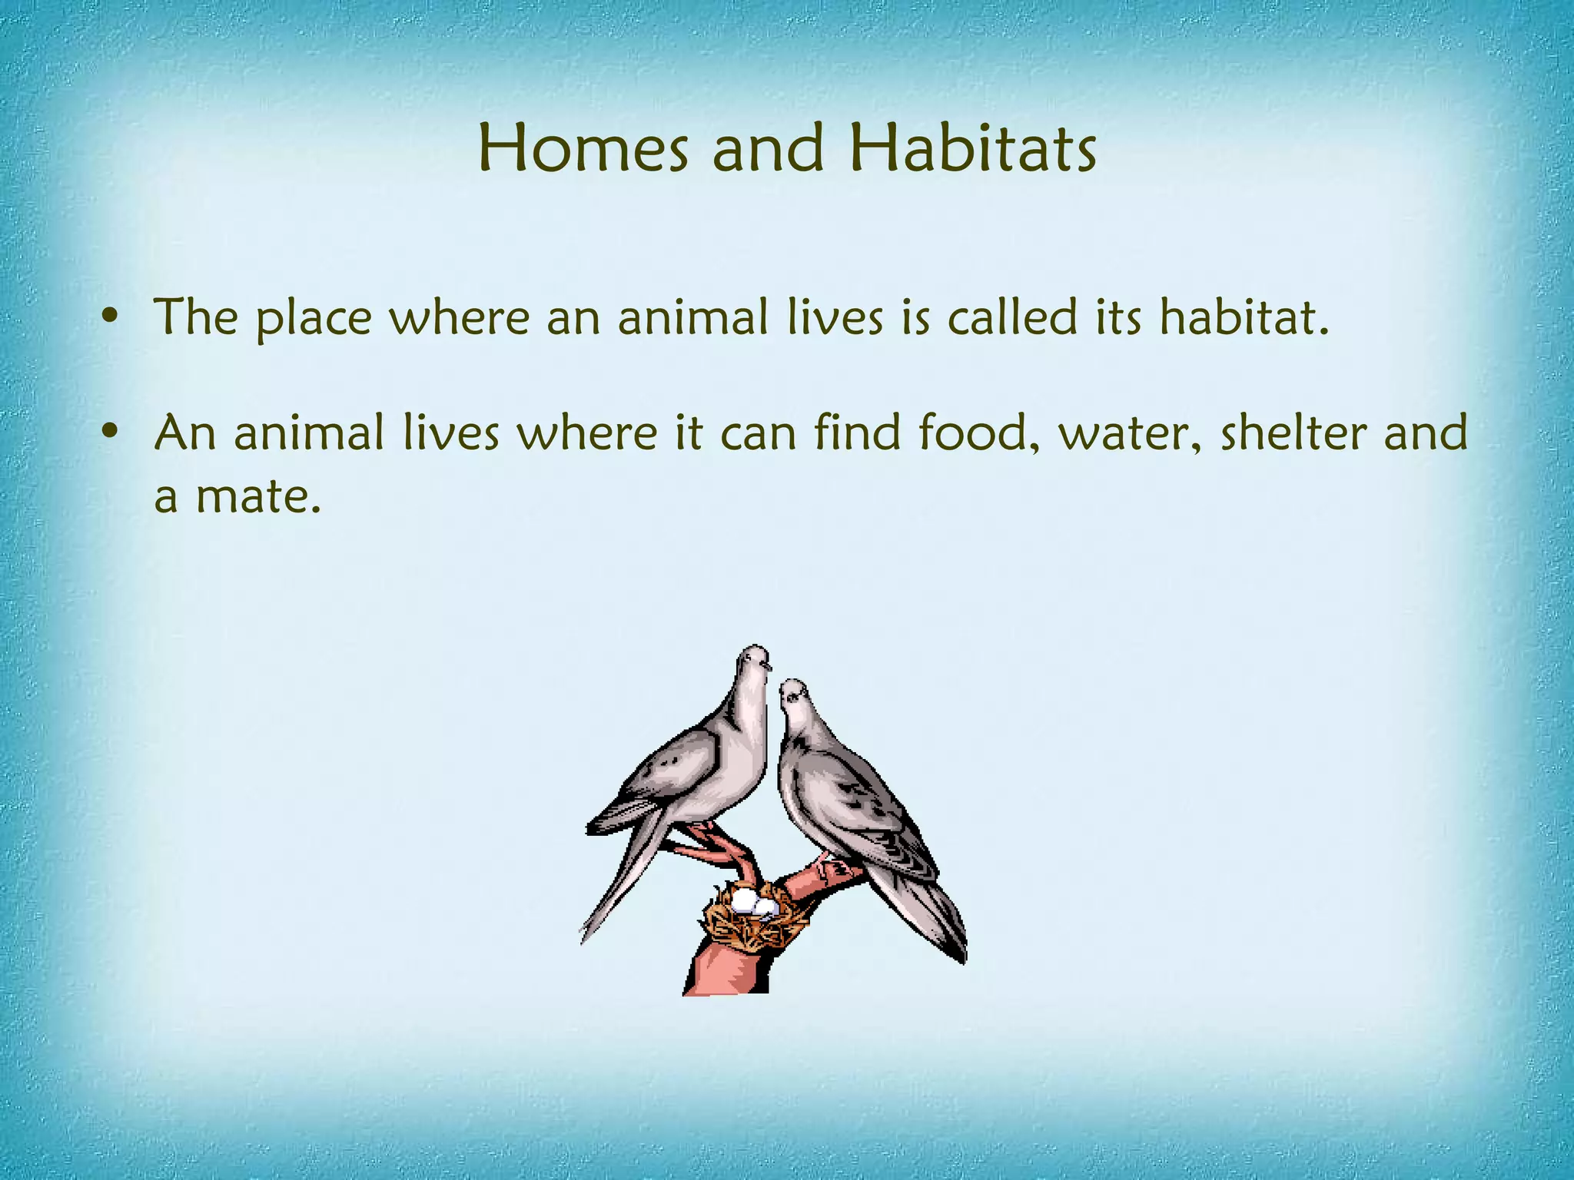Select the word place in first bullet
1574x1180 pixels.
(314, 318)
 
